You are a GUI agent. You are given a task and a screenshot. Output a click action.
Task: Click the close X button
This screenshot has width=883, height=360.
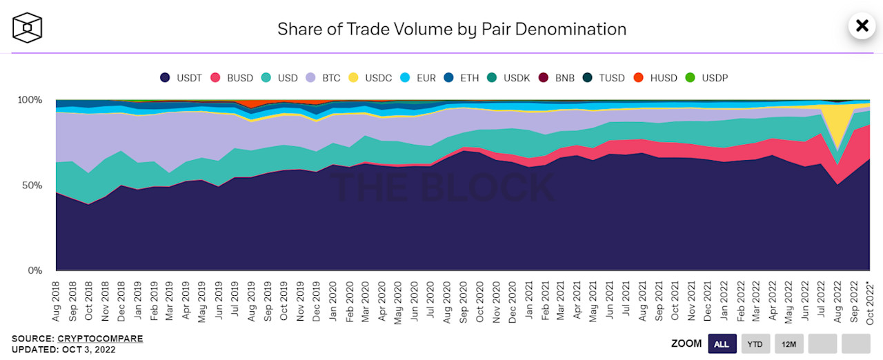[862, 26]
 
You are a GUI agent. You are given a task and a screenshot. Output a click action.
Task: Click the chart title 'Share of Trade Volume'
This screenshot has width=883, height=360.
[451, 29]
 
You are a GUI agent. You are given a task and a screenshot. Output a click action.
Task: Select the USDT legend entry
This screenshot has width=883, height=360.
[181, 78]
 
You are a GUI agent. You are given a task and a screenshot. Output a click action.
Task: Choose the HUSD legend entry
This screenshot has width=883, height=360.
[656, 78]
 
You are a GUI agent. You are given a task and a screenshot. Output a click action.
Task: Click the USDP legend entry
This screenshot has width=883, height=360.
[707, 78]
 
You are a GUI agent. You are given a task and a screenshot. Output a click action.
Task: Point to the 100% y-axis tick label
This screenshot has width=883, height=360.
[30, 100]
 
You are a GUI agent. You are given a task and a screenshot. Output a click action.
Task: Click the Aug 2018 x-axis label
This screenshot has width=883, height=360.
[57, 299]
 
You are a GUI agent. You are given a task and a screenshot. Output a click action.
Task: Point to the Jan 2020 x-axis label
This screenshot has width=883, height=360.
[333, 299]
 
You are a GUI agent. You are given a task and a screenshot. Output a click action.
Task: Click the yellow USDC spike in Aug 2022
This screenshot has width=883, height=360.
[837, 124]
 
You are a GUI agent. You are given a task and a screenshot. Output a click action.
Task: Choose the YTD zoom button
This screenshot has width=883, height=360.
[755, 343]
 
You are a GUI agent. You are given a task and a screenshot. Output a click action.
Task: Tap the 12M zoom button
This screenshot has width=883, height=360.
[788, 343]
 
